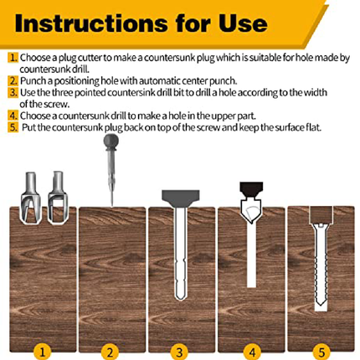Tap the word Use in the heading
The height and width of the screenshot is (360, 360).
[x=243, y=23]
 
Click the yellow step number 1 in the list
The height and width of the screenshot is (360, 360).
[x=13, y=58]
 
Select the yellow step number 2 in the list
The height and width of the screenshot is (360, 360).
[x=13, y=80]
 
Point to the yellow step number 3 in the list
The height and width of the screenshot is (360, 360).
[x=13, y=92]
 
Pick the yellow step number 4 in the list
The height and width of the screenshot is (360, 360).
[x=13, y=116]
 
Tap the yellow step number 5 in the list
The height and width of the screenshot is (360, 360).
[x=13, y=127]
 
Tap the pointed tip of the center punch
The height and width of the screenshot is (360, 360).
[x=111, y=206]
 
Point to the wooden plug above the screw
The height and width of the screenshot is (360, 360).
[x=321, y=214]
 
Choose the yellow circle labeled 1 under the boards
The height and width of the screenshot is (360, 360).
[x=43, y=352]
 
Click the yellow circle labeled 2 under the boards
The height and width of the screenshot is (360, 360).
[x=110, y=352]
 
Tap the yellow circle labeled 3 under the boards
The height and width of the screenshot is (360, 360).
[x=179, y=352]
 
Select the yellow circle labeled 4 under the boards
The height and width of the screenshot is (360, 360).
[x=252, y=352]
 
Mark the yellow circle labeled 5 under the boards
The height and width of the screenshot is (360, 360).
[x=321, y=352]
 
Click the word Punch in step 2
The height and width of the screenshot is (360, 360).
[x=33, y=80]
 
